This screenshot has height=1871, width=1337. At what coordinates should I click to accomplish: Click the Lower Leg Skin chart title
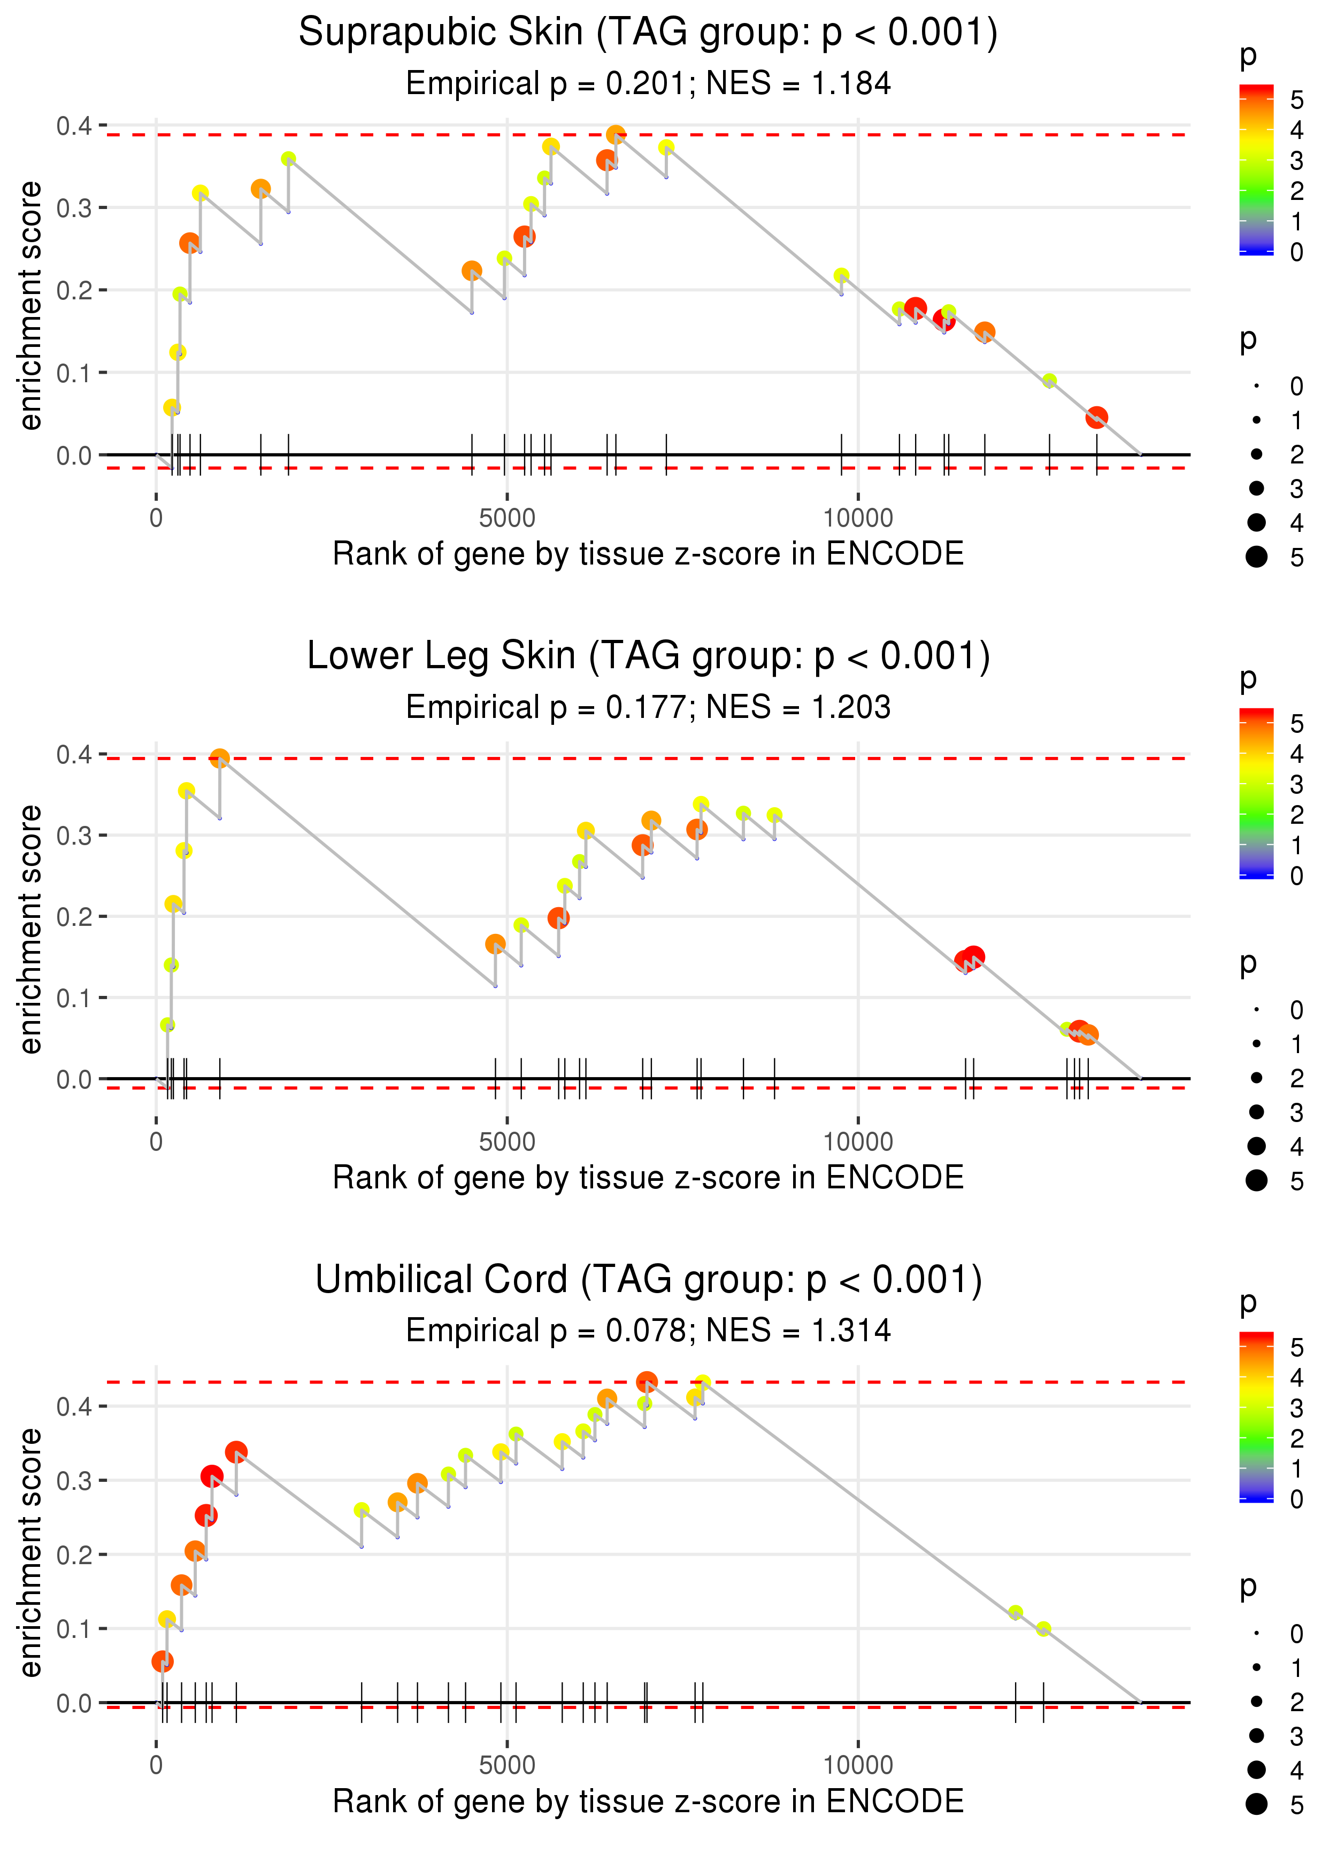pyautogui.click(x=648, y=656)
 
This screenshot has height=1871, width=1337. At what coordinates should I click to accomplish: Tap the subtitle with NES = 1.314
pyautogui.click(x=648, y=1331)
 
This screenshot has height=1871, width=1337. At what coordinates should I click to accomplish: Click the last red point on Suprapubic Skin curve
pyautogui.click(x=1096, y=417)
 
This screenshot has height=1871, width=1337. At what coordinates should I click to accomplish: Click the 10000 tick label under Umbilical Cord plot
pyautogui.click(x=858, y=1764)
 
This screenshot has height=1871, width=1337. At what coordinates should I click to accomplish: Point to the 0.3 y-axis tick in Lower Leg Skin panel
pyautogui.click(x=74, y=835)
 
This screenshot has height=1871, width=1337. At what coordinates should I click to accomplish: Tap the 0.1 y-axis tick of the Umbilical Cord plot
pyautogui.click(x=74, y=1629)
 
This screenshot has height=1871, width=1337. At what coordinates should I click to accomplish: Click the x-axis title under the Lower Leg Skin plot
pyautogui.click(x=648, y=1178)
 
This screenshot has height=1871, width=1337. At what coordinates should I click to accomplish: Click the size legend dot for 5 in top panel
pyautogui.click(x=1256, y=557)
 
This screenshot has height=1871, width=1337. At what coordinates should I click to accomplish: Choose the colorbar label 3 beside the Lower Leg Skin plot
pyautogui.click(x=1297, y=784)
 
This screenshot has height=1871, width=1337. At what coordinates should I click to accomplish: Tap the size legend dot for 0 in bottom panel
pyautogui.click(x=1256, y=1633)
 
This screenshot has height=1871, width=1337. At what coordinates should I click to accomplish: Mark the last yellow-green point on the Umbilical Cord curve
pyautogui.click(x=1043, y=1629)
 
